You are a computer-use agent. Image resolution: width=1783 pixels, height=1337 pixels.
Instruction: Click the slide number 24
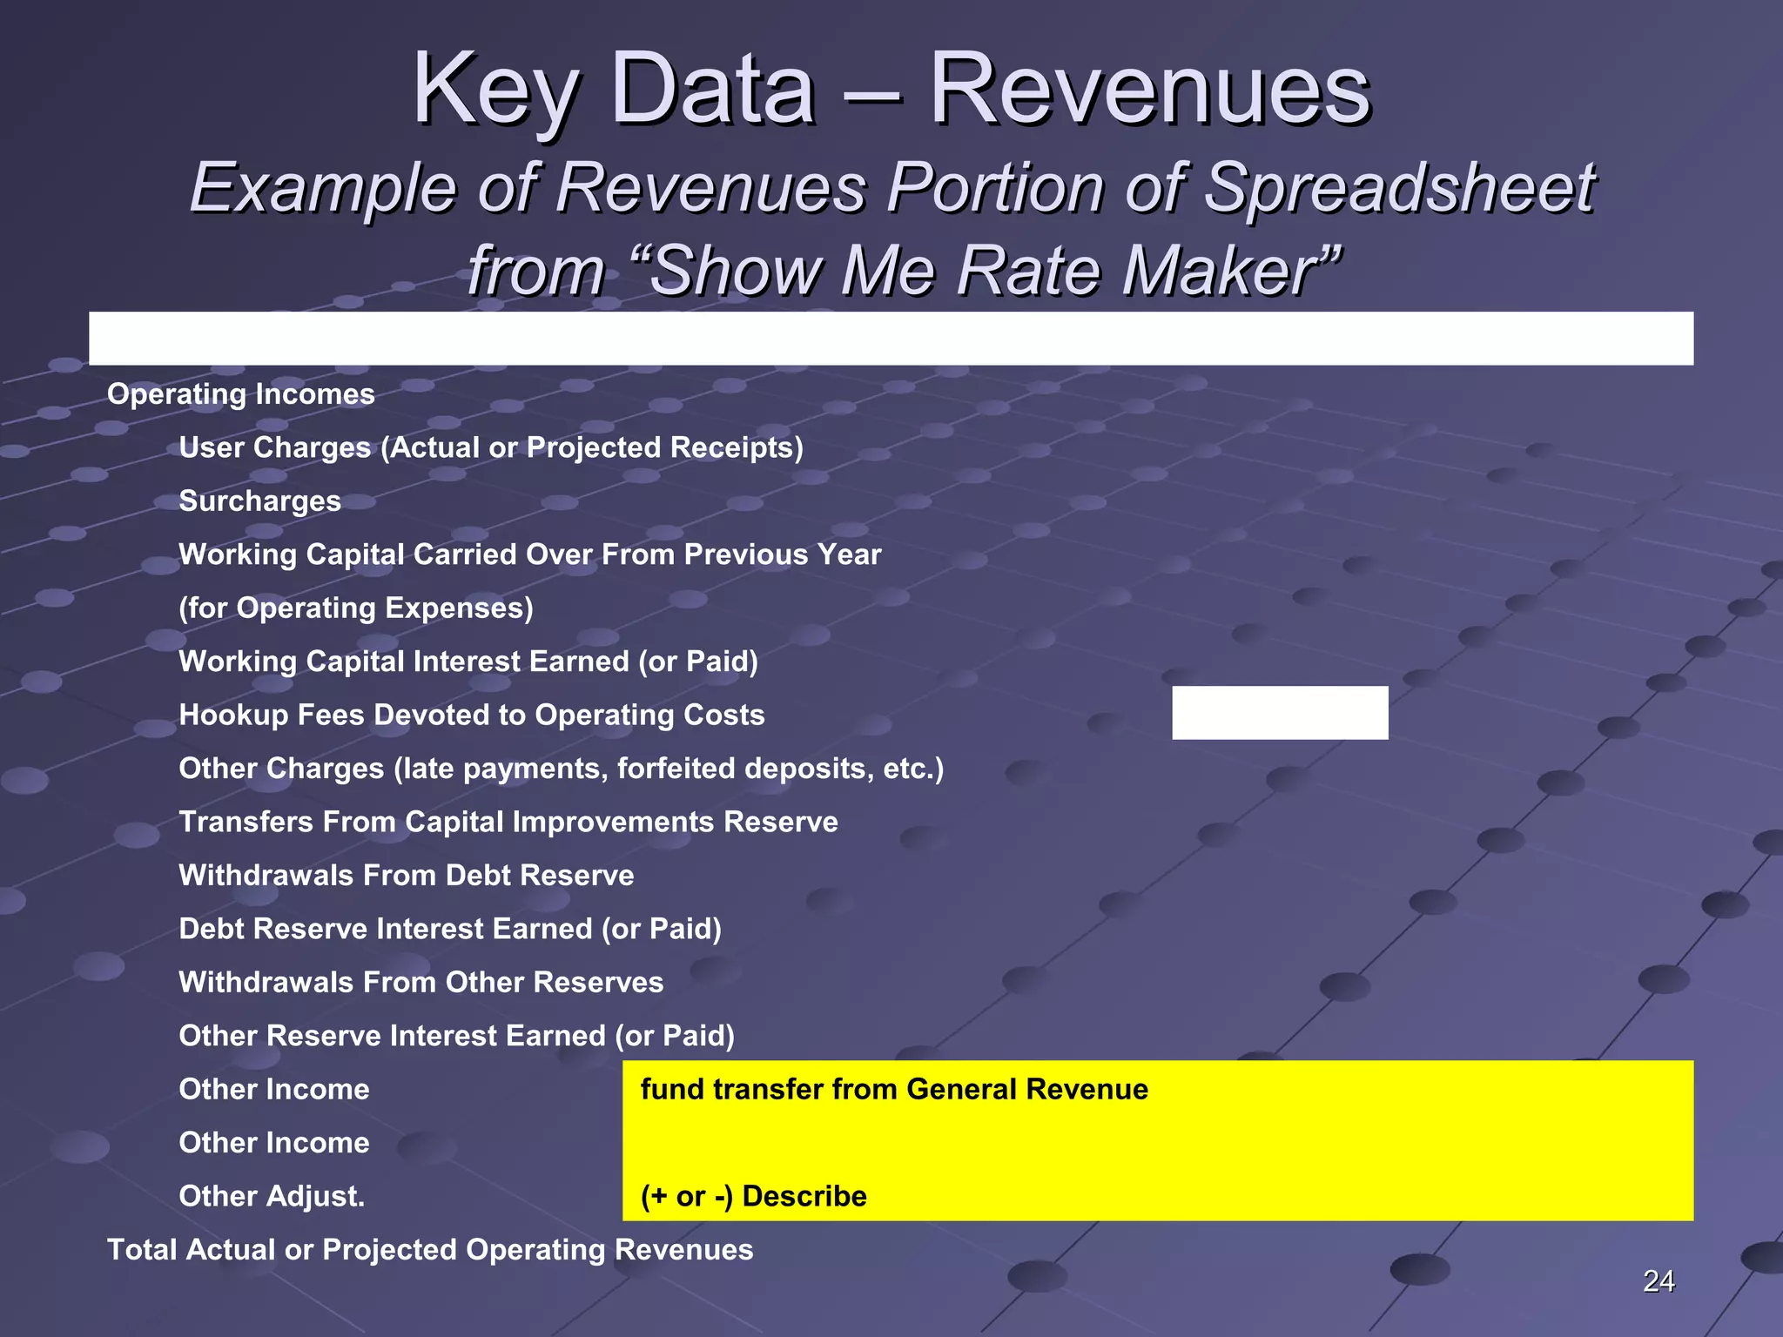pyautogui.click(x=1658, y=1280)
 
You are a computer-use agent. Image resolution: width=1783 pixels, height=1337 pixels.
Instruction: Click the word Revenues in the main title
pyautogui.click(x=1150, y=90)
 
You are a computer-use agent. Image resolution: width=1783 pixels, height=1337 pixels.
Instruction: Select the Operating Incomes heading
pyautogui.click(x=241, y=394)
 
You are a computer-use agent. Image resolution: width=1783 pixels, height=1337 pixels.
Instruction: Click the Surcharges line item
pyautogui.click(x=259, y=501)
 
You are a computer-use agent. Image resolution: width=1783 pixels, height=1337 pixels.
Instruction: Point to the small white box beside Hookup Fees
pyautogui.click(x=1279, y=713)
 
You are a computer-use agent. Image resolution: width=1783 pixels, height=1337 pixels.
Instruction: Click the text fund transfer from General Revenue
pyautogui.click(x=894, y=1090)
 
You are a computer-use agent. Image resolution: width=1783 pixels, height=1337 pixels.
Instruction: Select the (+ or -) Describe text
pyautogui.click(x=753, y=1197)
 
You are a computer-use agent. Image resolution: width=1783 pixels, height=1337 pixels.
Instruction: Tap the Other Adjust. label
pyautogui.click(x=272, y=1197)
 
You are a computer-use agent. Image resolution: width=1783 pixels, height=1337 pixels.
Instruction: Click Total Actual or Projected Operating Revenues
pyautogui.click(x=430, y=1250)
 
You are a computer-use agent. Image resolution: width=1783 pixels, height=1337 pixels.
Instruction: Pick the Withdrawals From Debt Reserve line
pyautogui.click(x=407, y=876)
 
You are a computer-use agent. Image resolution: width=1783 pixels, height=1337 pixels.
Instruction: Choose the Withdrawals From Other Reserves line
pyautogui.click(x=421, y=983)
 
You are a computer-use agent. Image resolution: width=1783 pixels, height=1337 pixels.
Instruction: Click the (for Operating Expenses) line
pyautogui.click(x=356, y=608)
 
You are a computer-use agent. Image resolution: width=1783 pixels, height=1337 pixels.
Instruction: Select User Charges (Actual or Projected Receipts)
pyautogui.click(x=491, y=448)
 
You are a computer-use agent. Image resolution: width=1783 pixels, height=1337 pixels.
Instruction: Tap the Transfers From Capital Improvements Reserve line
pyautogui.click(x=508, y=823)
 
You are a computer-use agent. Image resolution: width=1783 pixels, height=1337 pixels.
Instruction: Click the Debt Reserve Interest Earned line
pyautogui.click(x=450, y=930)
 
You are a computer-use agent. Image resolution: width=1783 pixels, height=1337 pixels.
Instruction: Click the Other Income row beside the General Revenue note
pyautogui.click(x=274, y=1090)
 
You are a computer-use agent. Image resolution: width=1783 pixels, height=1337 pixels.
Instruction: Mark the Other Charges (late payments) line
pyautogui.click(x=562, y=769)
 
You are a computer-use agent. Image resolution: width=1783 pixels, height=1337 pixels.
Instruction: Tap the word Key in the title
pyautogui.click(x=494, y=90)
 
